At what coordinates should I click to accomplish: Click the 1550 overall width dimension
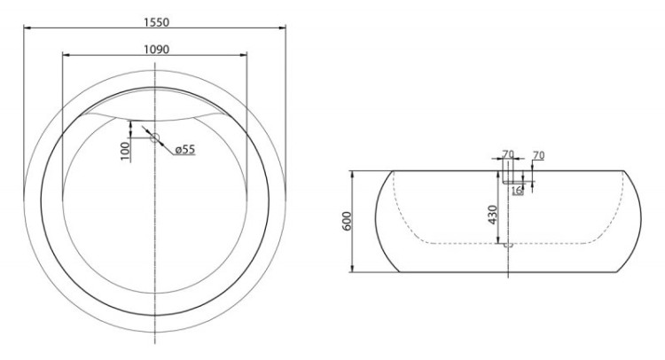coord(154,20)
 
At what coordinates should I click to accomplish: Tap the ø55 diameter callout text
coord(184,150)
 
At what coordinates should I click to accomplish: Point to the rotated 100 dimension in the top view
coord(125,151)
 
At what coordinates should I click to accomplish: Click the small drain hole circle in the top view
coord(154,137)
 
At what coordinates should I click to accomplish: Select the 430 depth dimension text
coord(492,214)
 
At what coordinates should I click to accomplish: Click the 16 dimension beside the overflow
coord(516,191)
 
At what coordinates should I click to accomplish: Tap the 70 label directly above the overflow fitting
coord(508,155)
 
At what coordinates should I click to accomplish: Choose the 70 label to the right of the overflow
coord(538,156)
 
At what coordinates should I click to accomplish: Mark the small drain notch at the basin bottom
coord(505,246)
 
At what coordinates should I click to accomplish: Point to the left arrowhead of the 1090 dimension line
coord(64,56)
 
